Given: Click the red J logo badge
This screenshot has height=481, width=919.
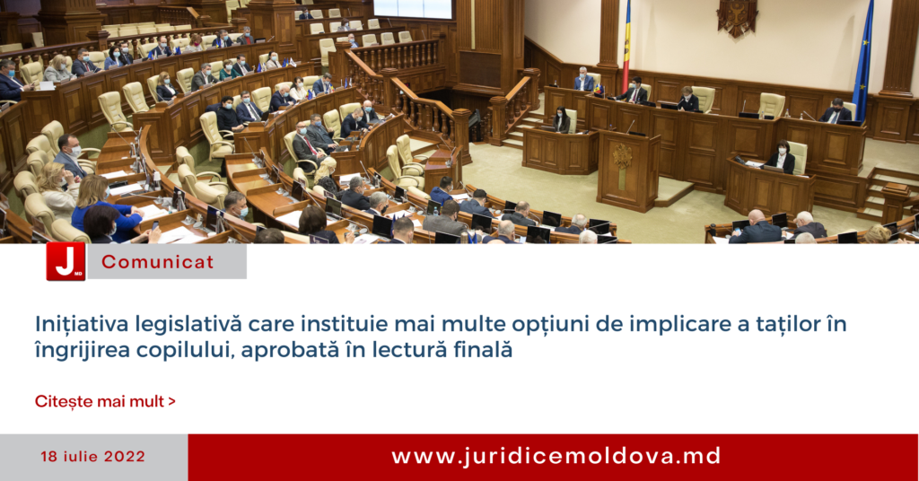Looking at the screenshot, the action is pos(66,261).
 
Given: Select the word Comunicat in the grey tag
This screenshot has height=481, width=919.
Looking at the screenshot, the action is pos(158,262).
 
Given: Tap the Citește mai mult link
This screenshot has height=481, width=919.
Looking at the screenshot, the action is pos(106,401).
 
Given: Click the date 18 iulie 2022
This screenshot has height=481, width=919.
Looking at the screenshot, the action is pos(92,457).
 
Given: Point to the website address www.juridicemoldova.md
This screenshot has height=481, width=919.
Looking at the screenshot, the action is pos(556,457).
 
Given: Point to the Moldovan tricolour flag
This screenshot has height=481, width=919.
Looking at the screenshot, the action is pos(626,46).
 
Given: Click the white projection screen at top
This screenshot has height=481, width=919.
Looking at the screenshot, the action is pos(413,9).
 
